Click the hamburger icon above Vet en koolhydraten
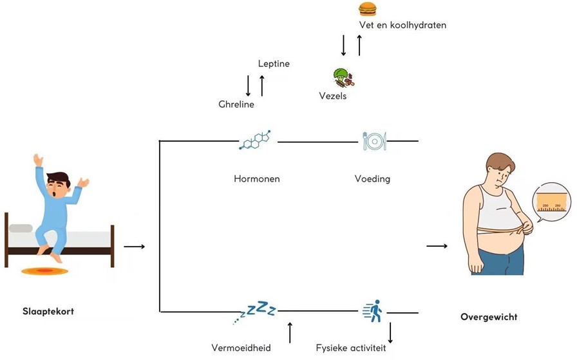click(x=367, y=9)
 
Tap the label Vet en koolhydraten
click(x=402, y=25)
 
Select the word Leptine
click(x=274, y=64)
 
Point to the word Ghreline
click(x=236, y=104)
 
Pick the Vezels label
click(x=333, y=96)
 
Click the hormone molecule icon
click(x=254, y=140)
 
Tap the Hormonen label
click(x=257, y=178)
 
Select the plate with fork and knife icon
click(x=374, y=140)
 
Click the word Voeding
click(x=372, y=178)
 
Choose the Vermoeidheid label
click(x=241, y=348)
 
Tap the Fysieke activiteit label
click(x=351, y=348)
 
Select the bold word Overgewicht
click(x=489, y=317)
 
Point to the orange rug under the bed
click(x=44, y=271)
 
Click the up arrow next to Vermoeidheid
click(x=290, y=332)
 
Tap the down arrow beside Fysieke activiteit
click(x=390, y=332)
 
